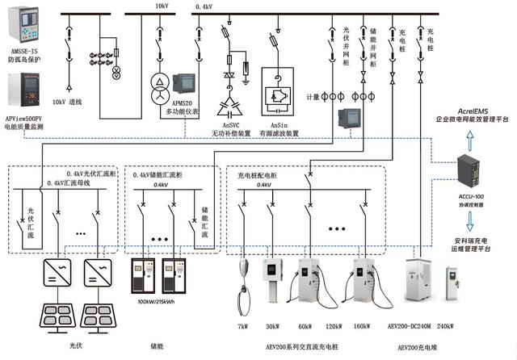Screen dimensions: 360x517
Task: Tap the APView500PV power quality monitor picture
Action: pos(23,93)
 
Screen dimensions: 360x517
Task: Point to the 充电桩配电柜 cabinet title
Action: pos(258,174)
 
